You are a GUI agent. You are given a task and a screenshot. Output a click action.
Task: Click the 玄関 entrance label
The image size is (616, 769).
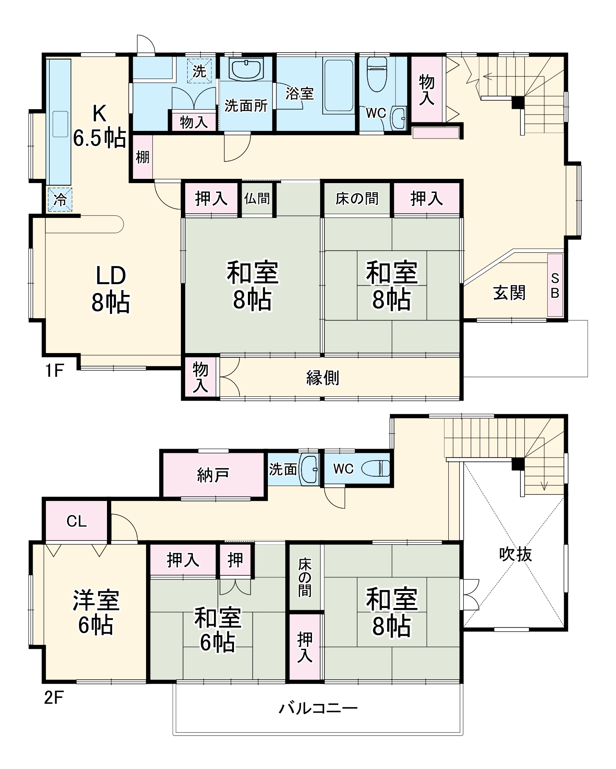tap(509, 293)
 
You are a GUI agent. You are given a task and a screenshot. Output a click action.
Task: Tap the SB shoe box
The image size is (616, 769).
tap(555, 286)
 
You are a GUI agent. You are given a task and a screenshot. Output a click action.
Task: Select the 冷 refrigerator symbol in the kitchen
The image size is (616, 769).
tap(60, 199)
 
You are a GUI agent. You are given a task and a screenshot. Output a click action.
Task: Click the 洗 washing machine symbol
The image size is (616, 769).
tap(199, 71)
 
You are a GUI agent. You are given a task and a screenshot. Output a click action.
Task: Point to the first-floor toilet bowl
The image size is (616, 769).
tap(377, 76)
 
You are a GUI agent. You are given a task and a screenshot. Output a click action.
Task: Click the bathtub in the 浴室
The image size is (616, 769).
tap(338, 86)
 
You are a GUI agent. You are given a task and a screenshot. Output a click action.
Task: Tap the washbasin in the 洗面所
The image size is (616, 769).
tap(246, 70)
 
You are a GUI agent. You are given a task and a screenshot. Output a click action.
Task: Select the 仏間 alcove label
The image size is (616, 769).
tap(257, 198)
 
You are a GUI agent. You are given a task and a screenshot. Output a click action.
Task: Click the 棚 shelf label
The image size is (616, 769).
tap(143, 157)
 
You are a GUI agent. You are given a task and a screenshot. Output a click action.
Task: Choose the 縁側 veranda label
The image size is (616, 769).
tap(323, 377)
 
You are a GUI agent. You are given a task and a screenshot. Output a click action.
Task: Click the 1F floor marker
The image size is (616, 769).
tap(54, 370)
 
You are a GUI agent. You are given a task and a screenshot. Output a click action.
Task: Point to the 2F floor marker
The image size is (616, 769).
tap(54, 698)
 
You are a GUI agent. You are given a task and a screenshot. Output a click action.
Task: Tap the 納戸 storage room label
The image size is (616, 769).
tap(213, 475)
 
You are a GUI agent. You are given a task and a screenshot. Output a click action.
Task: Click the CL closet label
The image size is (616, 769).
tap(76, 521)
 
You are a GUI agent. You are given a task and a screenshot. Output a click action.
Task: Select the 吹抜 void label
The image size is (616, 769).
tap(515, 554)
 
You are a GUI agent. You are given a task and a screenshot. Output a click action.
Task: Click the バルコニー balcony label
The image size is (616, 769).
tap(318, 708)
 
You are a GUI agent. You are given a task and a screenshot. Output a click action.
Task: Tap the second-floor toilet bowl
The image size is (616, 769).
tap(375, 469)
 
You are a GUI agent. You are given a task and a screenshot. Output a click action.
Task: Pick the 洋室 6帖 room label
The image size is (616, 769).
tap(96, 612)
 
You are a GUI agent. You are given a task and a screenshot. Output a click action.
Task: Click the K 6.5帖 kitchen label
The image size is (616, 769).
tap(99, 126)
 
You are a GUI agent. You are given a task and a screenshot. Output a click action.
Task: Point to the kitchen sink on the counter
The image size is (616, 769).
tap(60, 124)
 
